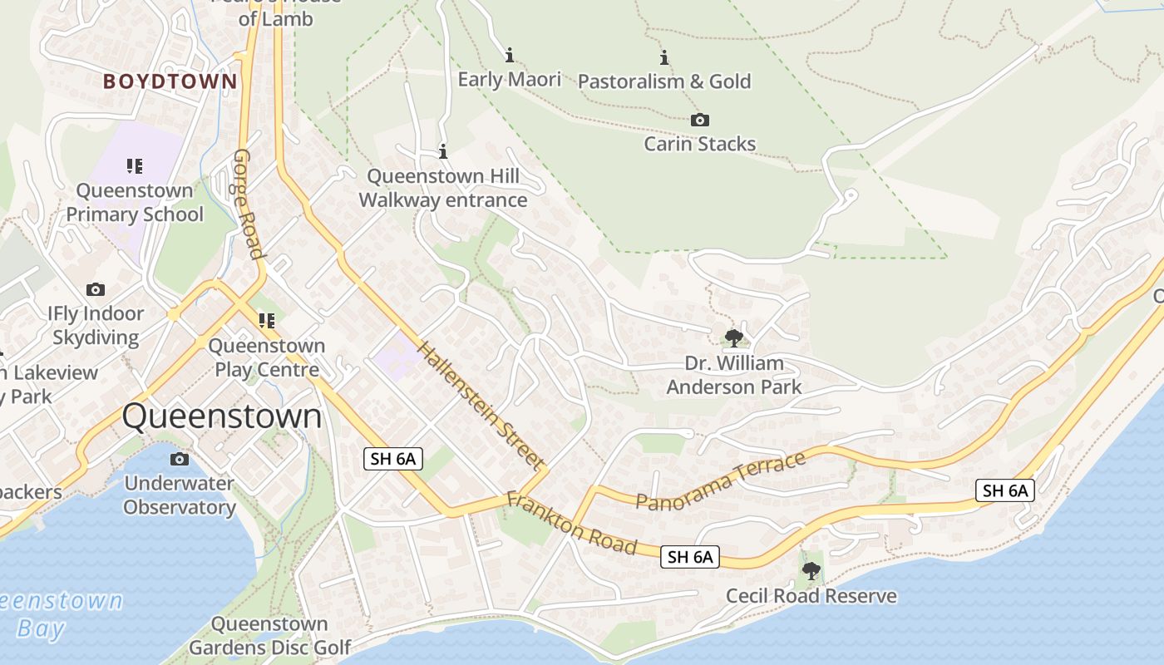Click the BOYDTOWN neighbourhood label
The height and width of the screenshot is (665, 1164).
(170, 81)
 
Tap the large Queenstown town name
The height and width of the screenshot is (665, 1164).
(222, 416)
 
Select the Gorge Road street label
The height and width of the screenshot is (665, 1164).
(248, 204)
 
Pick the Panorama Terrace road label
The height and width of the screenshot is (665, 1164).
(721, 480)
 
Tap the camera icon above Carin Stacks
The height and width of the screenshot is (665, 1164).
(700, 121)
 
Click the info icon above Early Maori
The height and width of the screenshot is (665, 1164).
(510, 56)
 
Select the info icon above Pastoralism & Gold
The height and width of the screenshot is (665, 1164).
(664, 57)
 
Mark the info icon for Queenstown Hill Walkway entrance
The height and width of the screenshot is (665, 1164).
(443, 152)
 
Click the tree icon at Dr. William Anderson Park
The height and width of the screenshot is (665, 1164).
(733, 337)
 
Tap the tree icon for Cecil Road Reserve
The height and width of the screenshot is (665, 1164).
(811, 571)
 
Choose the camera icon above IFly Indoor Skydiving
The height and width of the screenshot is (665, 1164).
(96, 290)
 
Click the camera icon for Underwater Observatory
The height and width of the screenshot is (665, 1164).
(179, 460)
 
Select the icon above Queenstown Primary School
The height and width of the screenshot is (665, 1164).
(135, 166)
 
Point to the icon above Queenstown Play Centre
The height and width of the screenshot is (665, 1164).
(266, 321)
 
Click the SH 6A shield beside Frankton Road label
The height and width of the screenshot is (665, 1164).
(690, 557)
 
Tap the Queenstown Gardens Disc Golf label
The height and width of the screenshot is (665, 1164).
(269, 635)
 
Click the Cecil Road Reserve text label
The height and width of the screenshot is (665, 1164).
(811, 596)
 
